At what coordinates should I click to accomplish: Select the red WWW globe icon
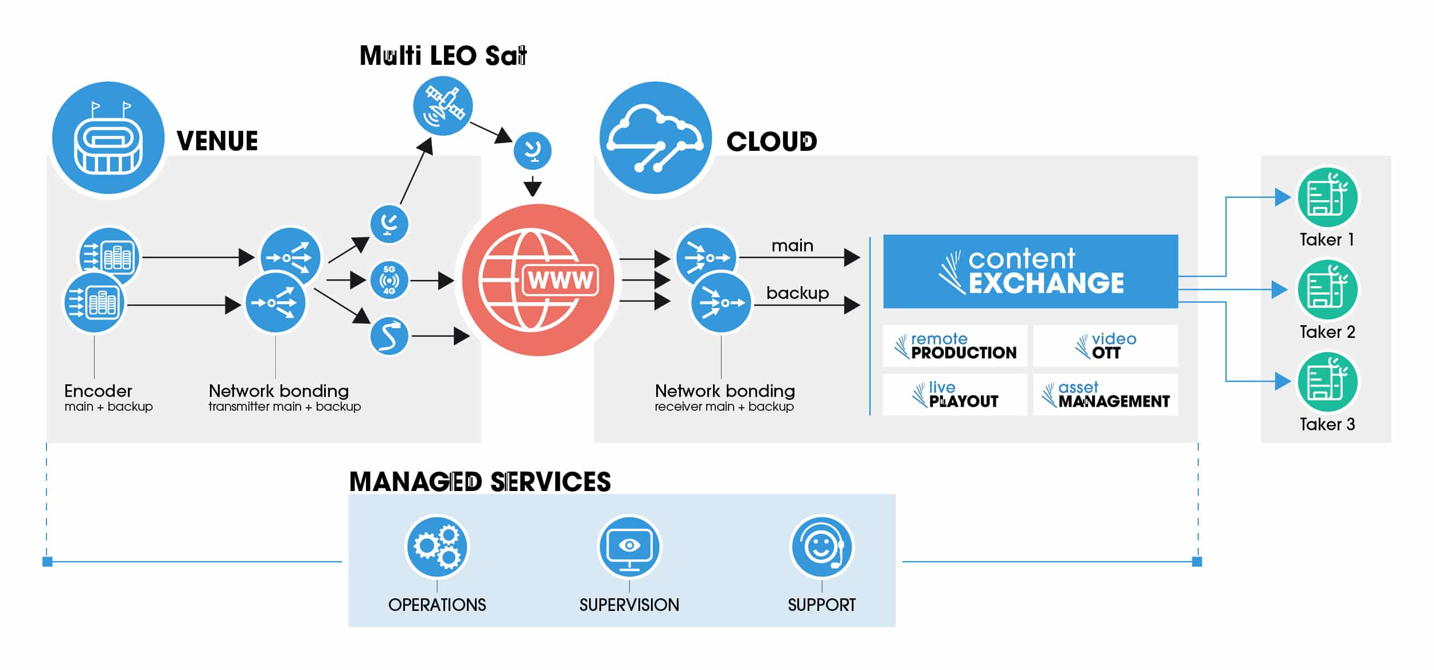click(538, 280)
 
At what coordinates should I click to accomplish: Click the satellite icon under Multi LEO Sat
click(443, 106)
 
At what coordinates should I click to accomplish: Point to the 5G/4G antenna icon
click(389, 280)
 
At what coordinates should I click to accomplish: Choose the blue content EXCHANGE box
click(1030, 271)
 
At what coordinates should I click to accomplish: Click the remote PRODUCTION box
click(955, 346)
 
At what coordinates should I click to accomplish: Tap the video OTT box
click(1105, 346)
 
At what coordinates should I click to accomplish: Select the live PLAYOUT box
click(955, 395)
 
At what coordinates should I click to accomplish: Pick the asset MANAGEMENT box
click(1105, 395)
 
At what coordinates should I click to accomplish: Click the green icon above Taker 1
click(1327, 197)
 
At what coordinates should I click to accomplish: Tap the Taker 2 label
click(1327, 332)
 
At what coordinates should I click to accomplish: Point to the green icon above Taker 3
click(1327, 382)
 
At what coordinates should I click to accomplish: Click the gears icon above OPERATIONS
click(437, 546)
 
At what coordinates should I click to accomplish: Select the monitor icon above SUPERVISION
click(629, 546)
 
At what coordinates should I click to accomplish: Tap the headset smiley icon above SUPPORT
click(822, 546)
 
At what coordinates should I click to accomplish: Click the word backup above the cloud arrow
click(797, 293)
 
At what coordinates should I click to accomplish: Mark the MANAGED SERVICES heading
click(480, 482)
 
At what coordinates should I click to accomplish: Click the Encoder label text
click(98, 391)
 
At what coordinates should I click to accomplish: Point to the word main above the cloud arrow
click(792, 246)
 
